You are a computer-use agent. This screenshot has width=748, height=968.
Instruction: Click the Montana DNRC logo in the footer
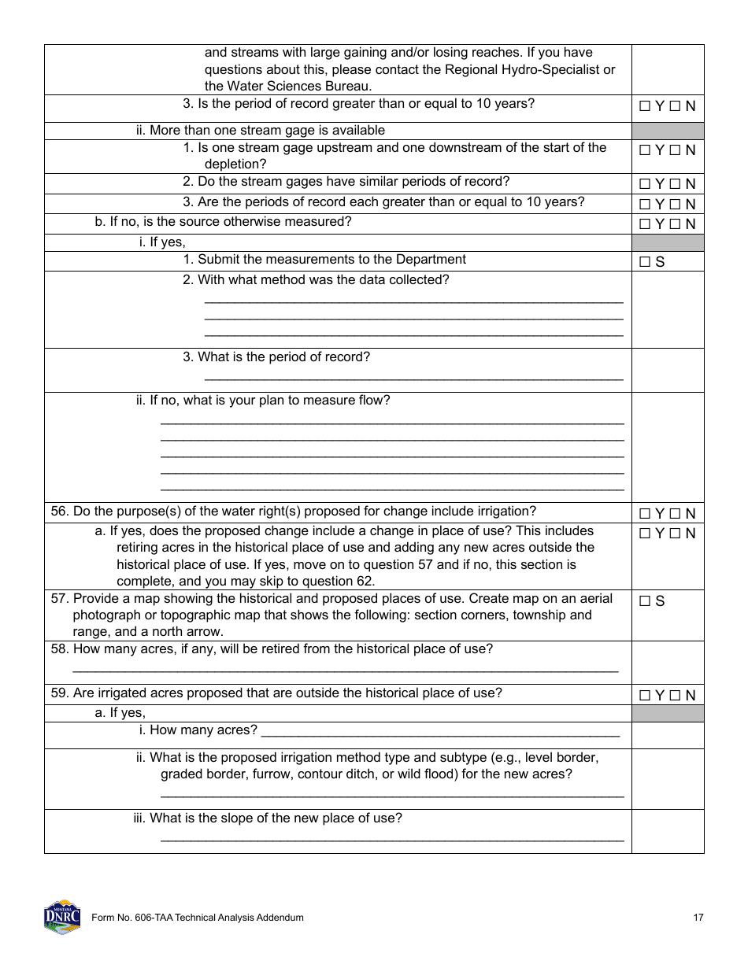tap(61, 917)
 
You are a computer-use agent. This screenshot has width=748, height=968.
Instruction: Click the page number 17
tap(698, 918)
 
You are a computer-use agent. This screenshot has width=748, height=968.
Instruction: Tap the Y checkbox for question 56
tap(645, 514)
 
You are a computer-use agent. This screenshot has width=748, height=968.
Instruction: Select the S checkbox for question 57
tap(645, 601)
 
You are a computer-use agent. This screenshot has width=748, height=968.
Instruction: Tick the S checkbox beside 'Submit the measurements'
tap(645, 262)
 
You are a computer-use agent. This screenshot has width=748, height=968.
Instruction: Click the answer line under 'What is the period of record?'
tap(413, 379)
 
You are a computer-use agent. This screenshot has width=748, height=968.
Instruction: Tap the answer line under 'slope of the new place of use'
tap(392, 839)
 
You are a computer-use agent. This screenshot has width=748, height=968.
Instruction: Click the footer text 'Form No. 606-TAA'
tap(197, 918)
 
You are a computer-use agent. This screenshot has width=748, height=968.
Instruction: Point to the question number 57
tap(60, 598)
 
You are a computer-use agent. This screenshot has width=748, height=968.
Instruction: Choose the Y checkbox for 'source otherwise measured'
tap(645, 224)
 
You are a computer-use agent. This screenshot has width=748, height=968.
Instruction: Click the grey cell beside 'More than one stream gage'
tap(668, 131)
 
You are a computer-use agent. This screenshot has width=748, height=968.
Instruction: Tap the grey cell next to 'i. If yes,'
tap(668, 242)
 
